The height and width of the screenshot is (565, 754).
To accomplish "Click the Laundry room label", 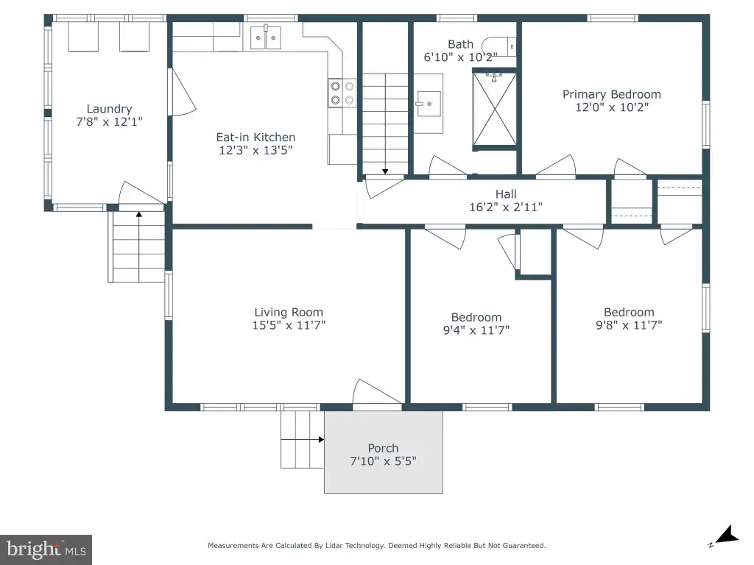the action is coord(109,109).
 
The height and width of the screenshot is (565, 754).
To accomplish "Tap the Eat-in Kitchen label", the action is coord(256,138).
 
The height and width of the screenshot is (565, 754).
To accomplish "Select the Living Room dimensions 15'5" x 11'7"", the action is coord(289,325).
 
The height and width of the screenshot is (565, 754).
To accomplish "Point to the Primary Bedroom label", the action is coord(612,94).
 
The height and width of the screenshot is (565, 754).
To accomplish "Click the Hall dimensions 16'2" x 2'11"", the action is coord(506,207).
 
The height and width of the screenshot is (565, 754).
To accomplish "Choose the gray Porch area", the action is coord(383,452).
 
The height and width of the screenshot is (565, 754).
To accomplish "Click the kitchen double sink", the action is coord(265,38).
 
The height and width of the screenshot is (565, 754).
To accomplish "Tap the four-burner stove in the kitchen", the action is coord(342,93).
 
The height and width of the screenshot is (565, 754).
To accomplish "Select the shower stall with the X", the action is coord(494,109).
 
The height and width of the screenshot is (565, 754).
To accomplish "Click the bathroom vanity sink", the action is coord(429,104).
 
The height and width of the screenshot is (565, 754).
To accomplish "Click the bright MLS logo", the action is coord(46,550).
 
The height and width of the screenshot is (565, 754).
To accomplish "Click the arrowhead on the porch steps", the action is coord(321,440).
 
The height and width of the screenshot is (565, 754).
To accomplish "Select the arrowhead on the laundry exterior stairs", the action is coord(139,214).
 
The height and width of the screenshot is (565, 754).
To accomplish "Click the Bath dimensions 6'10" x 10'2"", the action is coord(460,57).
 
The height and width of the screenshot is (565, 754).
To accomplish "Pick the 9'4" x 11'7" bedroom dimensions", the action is coord(476,330).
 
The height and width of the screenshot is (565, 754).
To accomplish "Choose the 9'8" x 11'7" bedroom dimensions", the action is coord(629,325).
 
